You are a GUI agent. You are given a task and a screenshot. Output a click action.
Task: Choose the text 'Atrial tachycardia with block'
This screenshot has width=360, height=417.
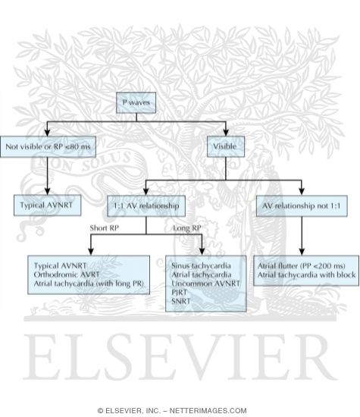(307, 274)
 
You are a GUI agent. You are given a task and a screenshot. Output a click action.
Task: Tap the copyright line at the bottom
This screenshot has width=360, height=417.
(180, 410)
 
